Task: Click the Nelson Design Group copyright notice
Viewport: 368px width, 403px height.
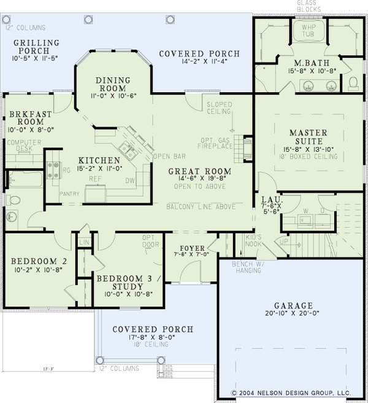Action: coord(300,391)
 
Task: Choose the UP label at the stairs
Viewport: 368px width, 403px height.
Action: coord(283,242)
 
